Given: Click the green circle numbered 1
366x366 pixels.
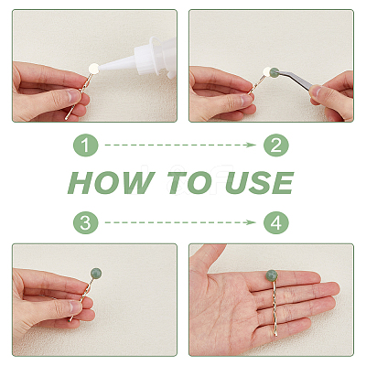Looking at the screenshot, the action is [86, 145].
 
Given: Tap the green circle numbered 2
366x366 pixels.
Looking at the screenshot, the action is [276, 145].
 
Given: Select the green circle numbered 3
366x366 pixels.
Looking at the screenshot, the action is [86, 222].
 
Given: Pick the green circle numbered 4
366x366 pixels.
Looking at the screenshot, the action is [276, 222].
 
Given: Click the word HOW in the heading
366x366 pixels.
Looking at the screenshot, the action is [112, 183].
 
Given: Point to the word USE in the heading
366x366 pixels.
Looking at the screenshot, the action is [260, 183].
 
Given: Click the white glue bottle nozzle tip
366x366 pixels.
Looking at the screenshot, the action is [100, 68].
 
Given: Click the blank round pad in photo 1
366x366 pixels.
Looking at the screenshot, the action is [93, 68].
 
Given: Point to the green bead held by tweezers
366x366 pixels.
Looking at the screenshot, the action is [274, 72].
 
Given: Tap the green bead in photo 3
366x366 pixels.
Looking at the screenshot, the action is [96, 273].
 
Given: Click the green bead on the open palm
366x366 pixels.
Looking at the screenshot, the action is [271, 275].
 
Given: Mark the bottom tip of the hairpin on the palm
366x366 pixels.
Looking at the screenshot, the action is [276, 335].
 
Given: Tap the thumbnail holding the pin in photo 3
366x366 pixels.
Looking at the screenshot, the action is [74, 307].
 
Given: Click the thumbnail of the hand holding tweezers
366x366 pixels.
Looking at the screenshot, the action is [317, 91].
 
